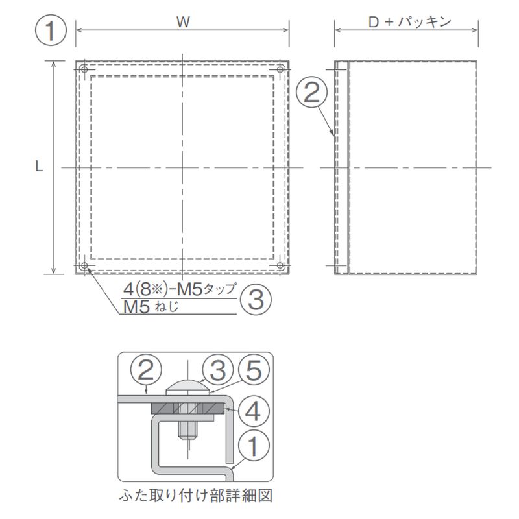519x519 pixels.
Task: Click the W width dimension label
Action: click(x=183, y=22)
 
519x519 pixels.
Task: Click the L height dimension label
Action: click(x=39, y=167)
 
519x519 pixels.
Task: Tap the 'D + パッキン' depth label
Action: click(x=410, y=22)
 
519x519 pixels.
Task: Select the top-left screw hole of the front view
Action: click(x=84, y=69)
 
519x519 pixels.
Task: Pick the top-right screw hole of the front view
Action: click(x=280, y=69)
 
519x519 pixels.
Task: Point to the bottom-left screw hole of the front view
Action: click(x=84, y=265)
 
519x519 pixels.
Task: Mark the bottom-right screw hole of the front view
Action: click(x=280, y=265)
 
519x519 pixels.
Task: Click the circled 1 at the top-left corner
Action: click(x=51, y=30)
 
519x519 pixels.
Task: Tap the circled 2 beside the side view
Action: click(x=311, y=92)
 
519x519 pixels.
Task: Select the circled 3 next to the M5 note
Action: click(x=256, y=300)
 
